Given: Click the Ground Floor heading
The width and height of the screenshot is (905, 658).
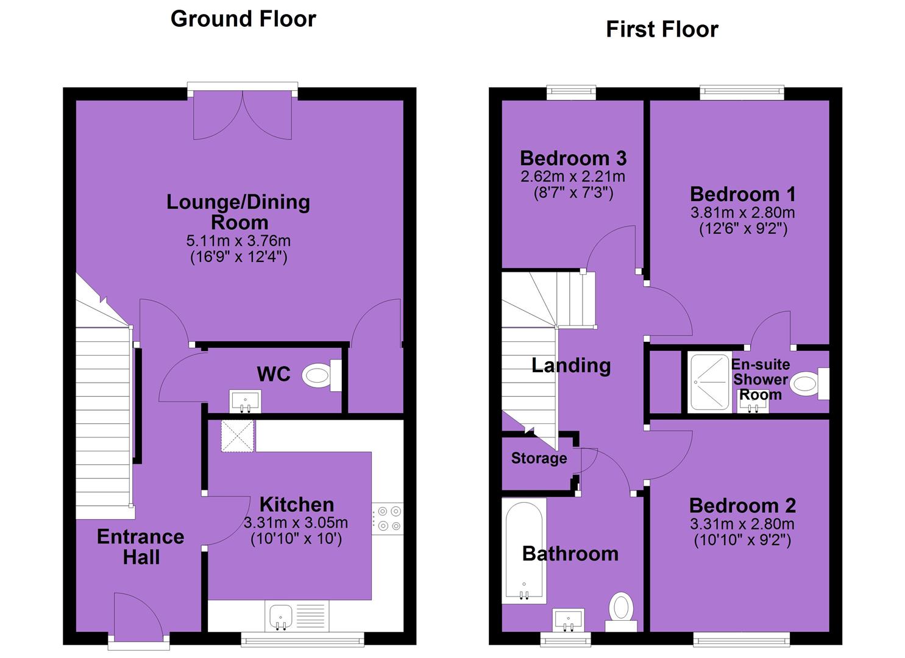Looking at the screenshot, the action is [243, 19].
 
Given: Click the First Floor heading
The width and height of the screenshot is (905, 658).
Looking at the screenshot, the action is [662, 29].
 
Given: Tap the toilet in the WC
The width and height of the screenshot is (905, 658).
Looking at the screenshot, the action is [322, 375].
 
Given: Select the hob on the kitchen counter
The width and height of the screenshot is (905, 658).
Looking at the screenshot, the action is [388, 518].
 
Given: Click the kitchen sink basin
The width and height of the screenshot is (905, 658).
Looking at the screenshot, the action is [281, 617].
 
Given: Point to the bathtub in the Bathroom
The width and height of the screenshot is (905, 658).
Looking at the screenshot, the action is [524, 551].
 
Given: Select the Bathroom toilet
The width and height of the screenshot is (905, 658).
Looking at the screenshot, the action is [621, 611].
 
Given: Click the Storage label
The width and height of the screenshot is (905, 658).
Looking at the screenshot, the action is [539, 458].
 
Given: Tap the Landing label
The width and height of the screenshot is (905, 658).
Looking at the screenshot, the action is [571, 366].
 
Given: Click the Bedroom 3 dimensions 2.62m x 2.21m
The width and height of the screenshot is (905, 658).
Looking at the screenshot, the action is [573, 177].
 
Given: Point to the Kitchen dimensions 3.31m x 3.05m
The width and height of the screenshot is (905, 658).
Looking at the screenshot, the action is [296, 523].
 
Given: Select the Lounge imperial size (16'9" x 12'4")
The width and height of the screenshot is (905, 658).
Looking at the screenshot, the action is [239, 257].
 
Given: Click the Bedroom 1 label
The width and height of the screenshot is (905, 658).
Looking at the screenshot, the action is [742, 194].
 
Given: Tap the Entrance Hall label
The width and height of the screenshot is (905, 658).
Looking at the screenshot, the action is [141, 547].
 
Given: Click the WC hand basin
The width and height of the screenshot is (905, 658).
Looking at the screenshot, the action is [245, 402].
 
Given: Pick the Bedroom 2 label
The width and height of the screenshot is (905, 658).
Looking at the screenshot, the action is [742, 506].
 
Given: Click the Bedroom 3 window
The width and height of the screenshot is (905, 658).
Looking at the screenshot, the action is [571, 92].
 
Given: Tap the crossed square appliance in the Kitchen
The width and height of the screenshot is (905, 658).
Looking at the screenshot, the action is [238, 436].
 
